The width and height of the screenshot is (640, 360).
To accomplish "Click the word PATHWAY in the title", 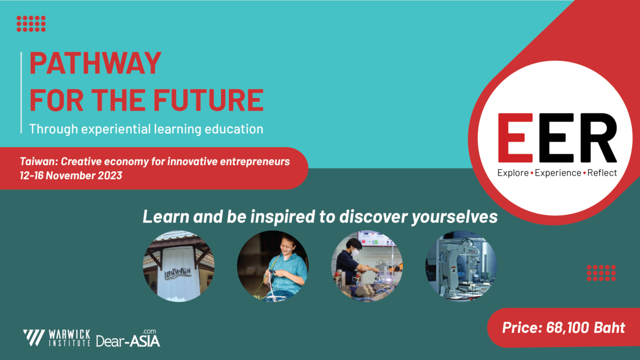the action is click(95, 63).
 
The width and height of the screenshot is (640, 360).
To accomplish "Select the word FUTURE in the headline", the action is click(209, 100).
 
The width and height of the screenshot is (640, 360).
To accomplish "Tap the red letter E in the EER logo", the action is click(515, 138).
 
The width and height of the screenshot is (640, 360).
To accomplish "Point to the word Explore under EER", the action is click(513, 173).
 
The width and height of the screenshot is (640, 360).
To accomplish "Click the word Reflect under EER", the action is click(602, 173).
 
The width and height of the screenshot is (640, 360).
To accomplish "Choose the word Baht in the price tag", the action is click(610, 327).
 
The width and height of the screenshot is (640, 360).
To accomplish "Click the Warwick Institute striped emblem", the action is click(34, 338).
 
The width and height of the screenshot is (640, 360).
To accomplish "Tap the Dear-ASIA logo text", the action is click(128, 339).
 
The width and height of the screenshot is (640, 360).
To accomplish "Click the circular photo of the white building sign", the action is click(179, 266).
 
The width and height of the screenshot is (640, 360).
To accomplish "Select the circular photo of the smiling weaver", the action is click(273, 266).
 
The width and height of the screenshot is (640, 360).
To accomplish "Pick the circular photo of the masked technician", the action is click(367, 266).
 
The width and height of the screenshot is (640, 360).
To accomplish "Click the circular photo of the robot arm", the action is click(461, 266).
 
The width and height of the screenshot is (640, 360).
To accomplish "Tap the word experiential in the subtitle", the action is click(116, 130).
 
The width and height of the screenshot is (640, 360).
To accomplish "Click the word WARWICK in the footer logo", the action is click(69, 334).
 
